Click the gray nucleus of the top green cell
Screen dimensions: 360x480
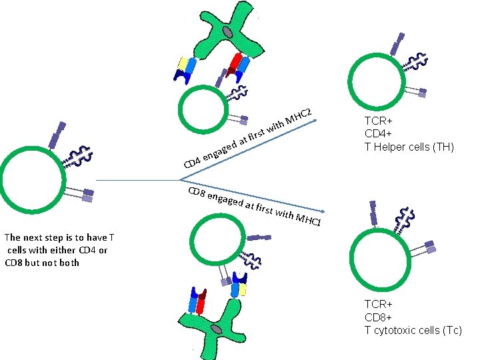click(x=228, y=31)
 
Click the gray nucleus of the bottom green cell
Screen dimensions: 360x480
click(x=217, y=329)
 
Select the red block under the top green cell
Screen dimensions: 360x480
click(x=235, y=62)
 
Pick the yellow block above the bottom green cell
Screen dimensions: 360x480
click(x=243, y=289)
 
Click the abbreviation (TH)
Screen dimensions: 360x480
click(x=443, y=147)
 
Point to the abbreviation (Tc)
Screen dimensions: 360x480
click(x=450, y=331)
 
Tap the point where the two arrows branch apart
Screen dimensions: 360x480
click(x=180, y=179)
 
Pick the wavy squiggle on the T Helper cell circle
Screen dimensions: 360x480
click(x=414, y=63)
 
